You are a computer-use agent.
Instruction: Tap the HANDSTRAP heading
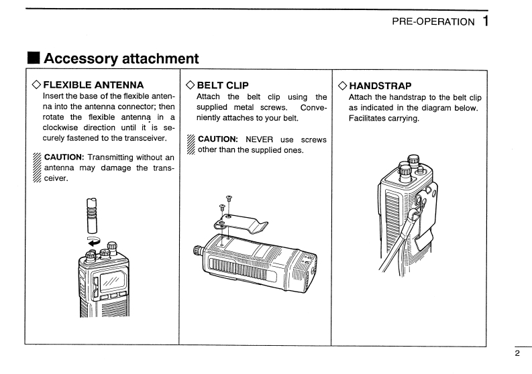pos(380,86)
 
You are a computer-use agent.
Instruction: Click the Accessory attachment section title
pos(121,58)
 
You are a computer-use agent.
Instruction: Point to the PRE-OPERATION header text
pos(433,21)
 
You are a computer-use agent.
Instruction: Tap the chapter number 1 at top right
pos(484,21)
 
